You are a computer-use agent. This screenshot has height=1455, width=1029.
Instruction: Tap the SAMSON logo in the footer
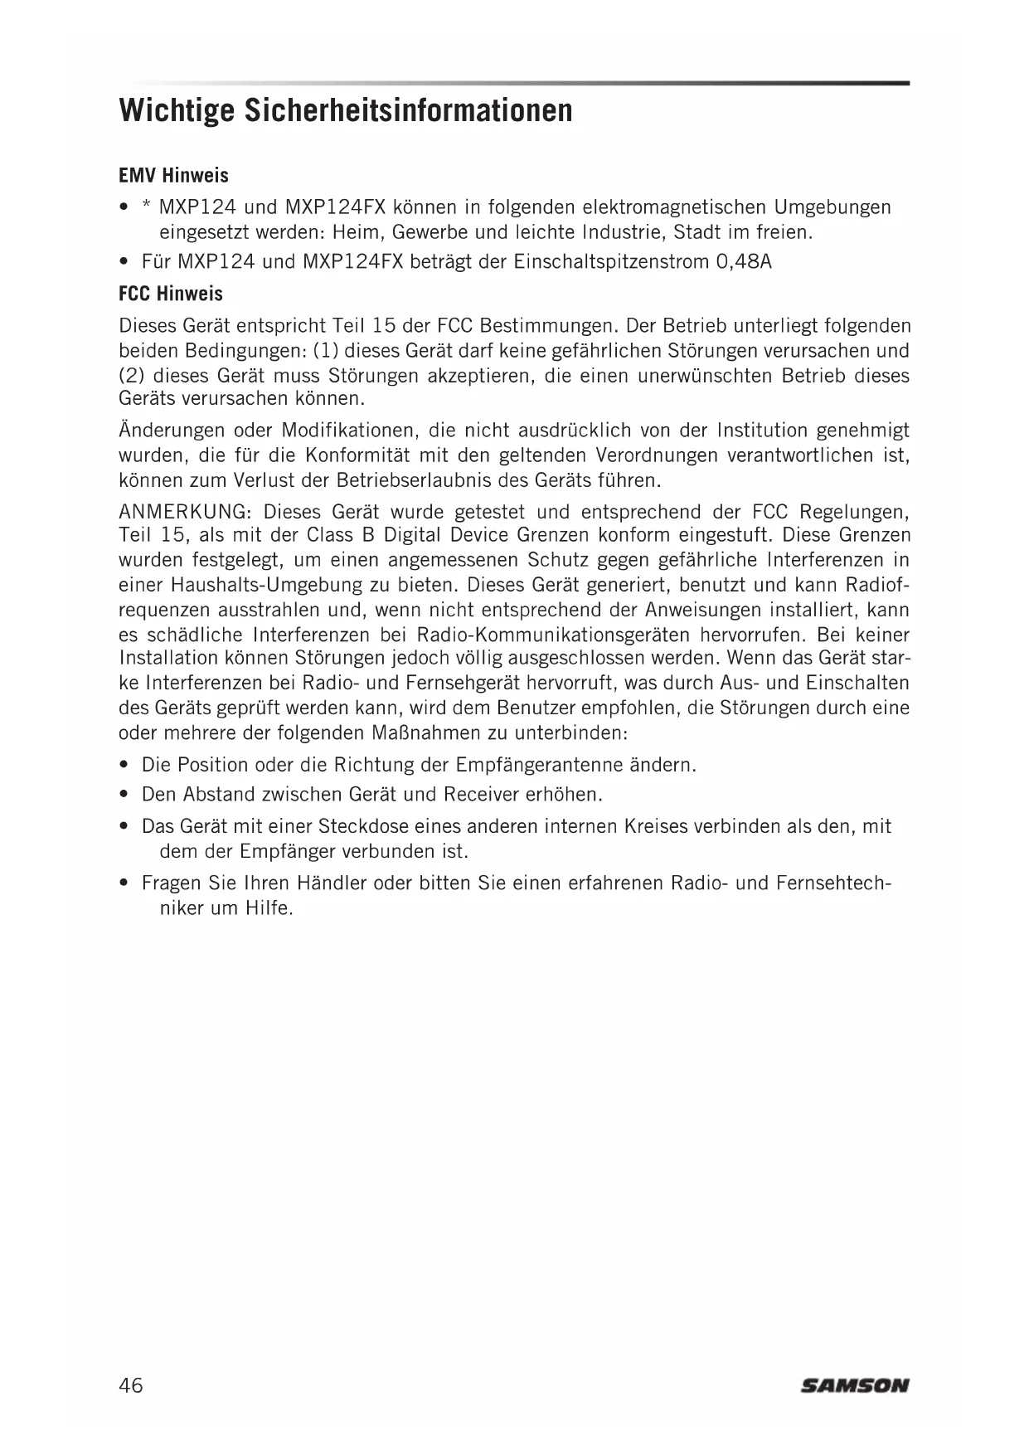854,1384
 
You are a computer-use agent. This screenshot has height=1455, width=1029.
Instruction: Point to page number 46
131,1384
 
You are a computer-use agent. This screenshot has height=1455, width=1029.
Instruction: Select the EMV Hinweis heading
173,176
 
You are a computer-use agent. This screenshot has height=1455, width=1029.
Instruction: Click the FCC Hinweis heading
171,294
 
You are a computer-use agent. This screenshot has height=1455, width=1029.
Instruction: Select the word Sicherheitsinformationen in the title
408,110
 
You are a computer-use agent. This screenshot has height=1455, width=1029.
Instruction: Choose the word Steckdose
364,826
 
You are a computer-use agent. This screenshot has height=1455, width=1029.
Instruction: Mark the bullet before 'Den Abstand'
124,795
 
